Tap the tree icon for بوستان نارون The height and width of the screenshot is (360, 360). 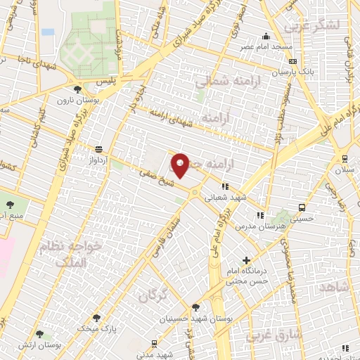(x=77, y=89)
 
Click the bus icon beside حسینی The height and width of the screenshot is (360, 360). (x=302, y=207)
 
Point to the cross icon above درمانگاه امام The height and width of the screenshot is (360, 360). (x=245, y=260)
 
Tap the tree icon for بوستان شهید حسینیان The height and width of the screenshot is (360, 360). (x=196, y=307)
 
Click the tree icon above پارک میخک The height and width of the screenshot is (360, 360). (x=96, y=318)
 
